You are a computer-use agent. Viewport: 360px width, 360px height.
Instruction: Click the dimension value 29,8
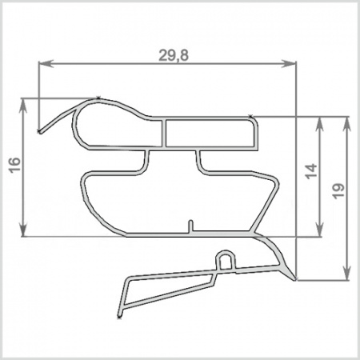[x=174, y=55]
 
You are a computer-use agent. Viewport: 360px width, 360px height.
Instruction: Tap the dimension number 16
[x=14, y=166]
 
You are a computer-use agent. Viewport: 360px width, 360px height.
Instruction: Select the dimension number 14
[x=311, y=171]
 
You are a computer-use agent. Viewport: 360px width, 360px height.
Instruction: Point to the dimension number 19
[x=338, y=191]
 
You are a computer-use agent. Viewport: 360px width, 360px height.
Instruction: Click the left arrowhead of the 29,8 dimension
[x=46, y=63]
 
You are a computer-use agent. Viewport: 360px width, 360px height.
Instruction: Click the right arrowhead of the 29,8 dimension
[x=289, y=63]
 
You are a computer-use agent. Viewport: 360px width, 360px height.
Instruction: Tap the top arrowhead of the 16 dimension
[x=24, y=106]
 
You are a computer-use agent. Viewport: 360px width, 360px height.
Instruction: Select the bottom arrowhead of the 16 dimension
[x=24, y=229]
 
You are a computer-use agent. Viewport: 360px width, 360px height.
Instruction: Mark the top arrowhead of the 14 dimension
[x=320, y=124]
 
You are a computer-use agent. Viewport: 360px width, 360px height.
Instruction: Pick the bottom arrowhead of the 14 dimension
[x=320, y=229]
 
